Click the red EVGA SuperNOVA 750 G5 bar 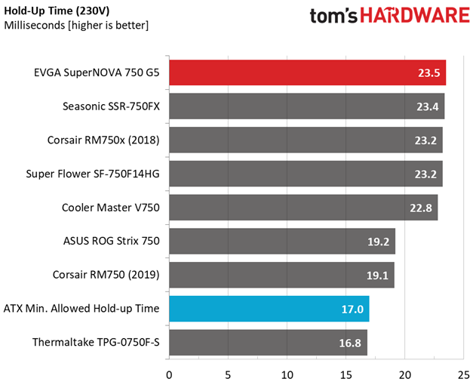(x=306, y=73)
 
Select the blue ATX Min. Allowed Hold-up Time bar (x=269, y=309)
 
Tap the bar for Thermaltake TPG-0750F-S (x=268, y=343)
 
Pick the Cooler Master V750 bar (x=302, y=208)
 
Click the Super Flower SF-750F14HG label (x=97, y=174)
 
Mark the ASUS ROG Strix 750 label (x=112, y=242)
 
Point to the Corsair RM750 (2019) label (x=106, y=276)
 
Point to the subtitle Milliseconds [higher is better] (x=76, y=25)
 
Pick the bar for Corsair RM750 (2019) (x=281, y=276)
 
